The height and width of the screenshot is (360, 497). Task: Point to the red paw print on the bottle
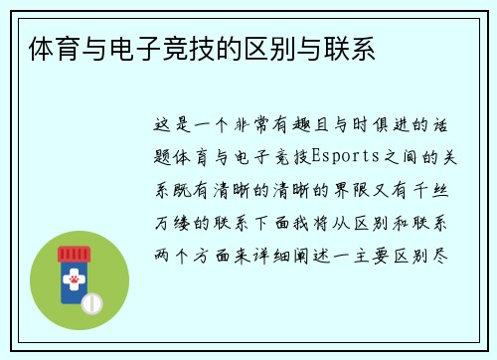[x=72, y=281]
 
